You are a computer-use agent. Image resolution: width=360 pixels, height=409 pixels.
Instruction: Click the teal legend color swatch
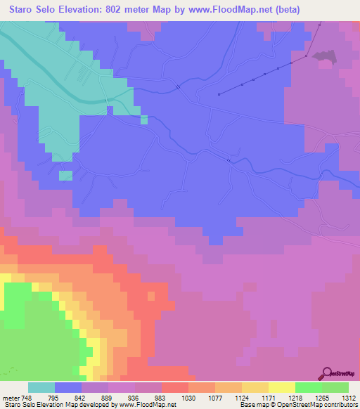click(41, 387)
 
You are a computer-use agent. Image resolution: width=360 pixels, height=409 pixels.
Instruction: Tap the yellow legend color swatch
click(282, 387)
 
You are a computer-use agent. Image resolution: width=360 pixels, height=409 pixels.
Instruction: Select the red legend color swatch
click(175, 387)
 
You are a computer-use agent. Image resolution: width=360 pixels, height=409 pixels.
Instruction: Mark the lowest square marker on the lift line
click(219, 93)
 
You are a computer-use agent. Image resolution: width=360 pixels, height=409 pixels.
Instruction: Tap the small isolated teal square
click(65, 175)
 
